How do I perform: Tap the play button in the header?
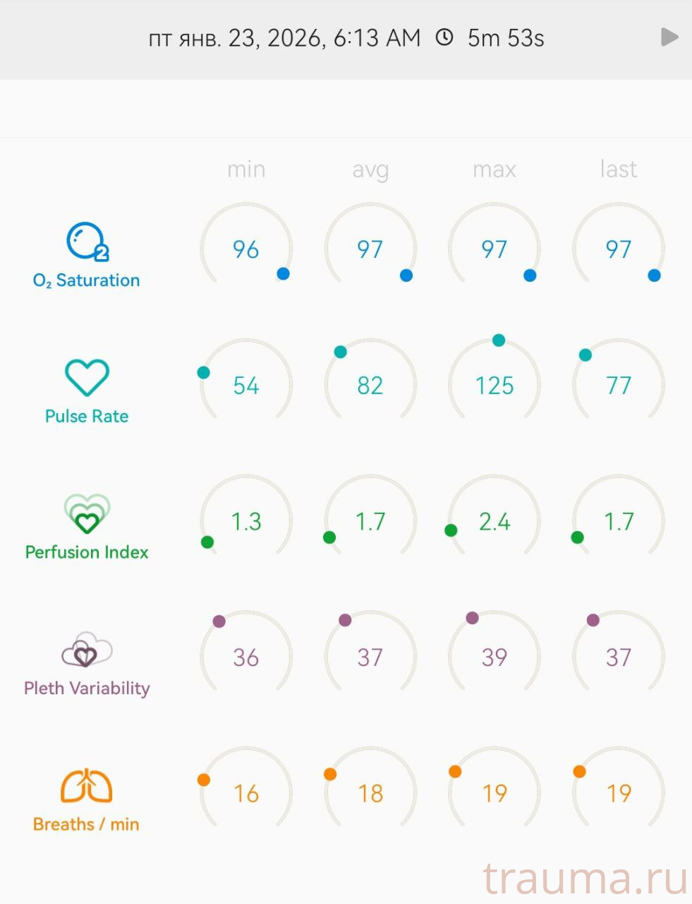(669, 37)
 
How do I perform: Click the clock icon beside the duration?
(444, 37)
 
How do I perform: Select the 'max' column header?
(494, 169)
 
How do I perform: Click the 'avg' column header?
(370, 169)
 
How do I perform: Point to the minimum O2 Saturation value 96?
(246, 249)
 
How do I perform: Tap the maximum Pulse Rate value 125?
(494, 386)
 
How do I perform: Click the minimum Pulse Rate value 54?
(246, 386)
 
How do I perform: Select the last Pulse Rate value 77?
(618, 386)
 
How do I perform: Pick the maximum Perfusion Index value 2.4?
(494, 522)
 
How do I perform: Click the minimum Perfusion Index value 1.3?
(246, 522)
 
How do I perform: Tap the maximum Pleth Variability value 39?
(494, 658)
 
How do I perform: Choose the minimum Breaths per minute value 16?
(246, 794)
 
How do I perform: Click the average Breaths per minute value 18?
(370, 794)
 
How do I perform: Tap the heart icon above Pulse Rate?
(87, 377)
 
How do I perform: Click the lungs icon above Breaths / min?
(86, 785)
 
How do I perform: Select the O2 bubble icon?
(87, 242)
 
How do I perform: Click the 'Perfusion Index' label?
(87, 552)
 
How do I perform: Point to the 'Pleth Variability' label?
(87, 689)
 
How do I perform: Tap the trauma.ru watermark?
(585, 879)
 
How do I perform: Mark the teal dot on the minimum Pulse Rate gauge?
(204, 372)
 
